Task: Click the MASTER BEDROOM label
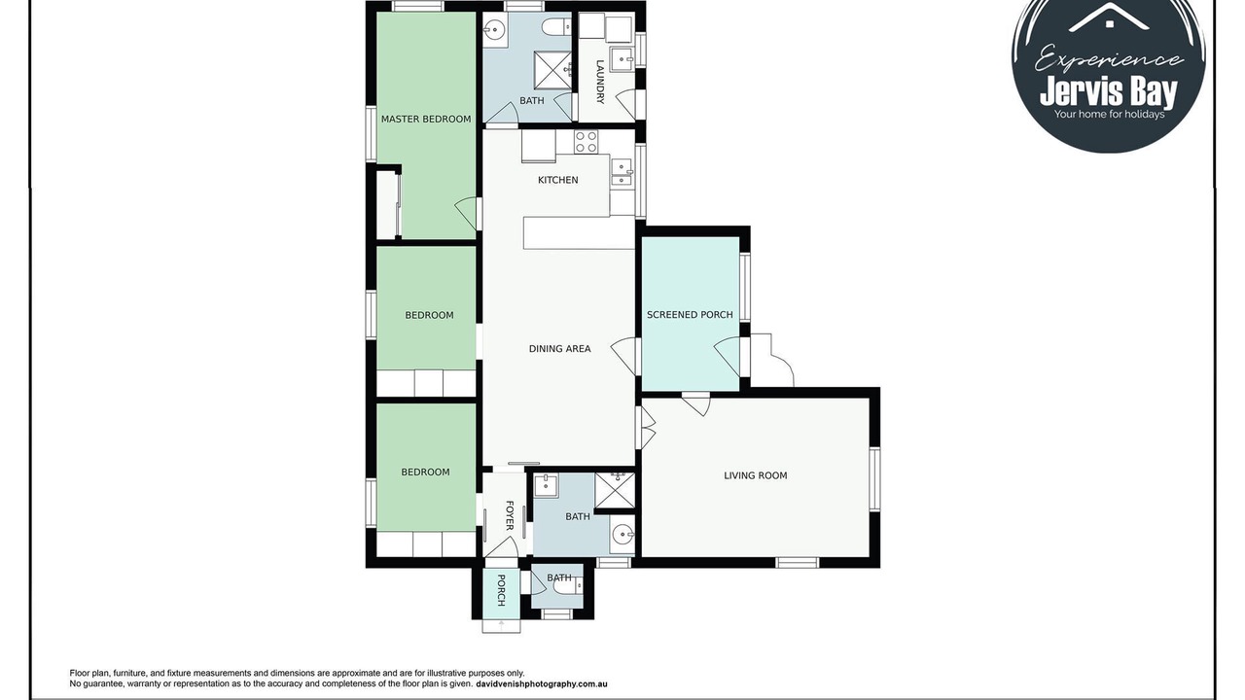pos(426,119)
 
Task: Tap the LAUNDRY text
pos(600,82)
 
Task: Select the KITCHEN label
pos(558,180)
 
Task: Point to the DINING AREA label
pos(559,349)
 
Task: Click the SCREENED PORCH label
pos(690,314)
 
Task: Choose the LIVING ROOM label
pos(756,475)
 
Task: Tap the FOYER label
pos(510,515)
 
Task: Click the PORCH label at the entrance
pos(501,590)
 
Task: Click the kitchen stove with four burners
pos(587,142)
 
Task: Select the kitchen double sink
pos(622,172)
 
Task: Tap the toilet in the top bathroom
pos(557,26)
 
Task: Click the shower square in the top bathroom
pos(553,70)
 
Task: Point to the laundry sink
pos(622,59)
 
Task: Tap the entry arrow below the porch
pos(502,625)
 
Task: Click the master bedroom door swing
pos(466,213)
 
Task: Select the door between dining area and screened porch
pos(623,356)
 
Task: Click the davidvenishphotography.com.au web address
pos(542,684)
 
